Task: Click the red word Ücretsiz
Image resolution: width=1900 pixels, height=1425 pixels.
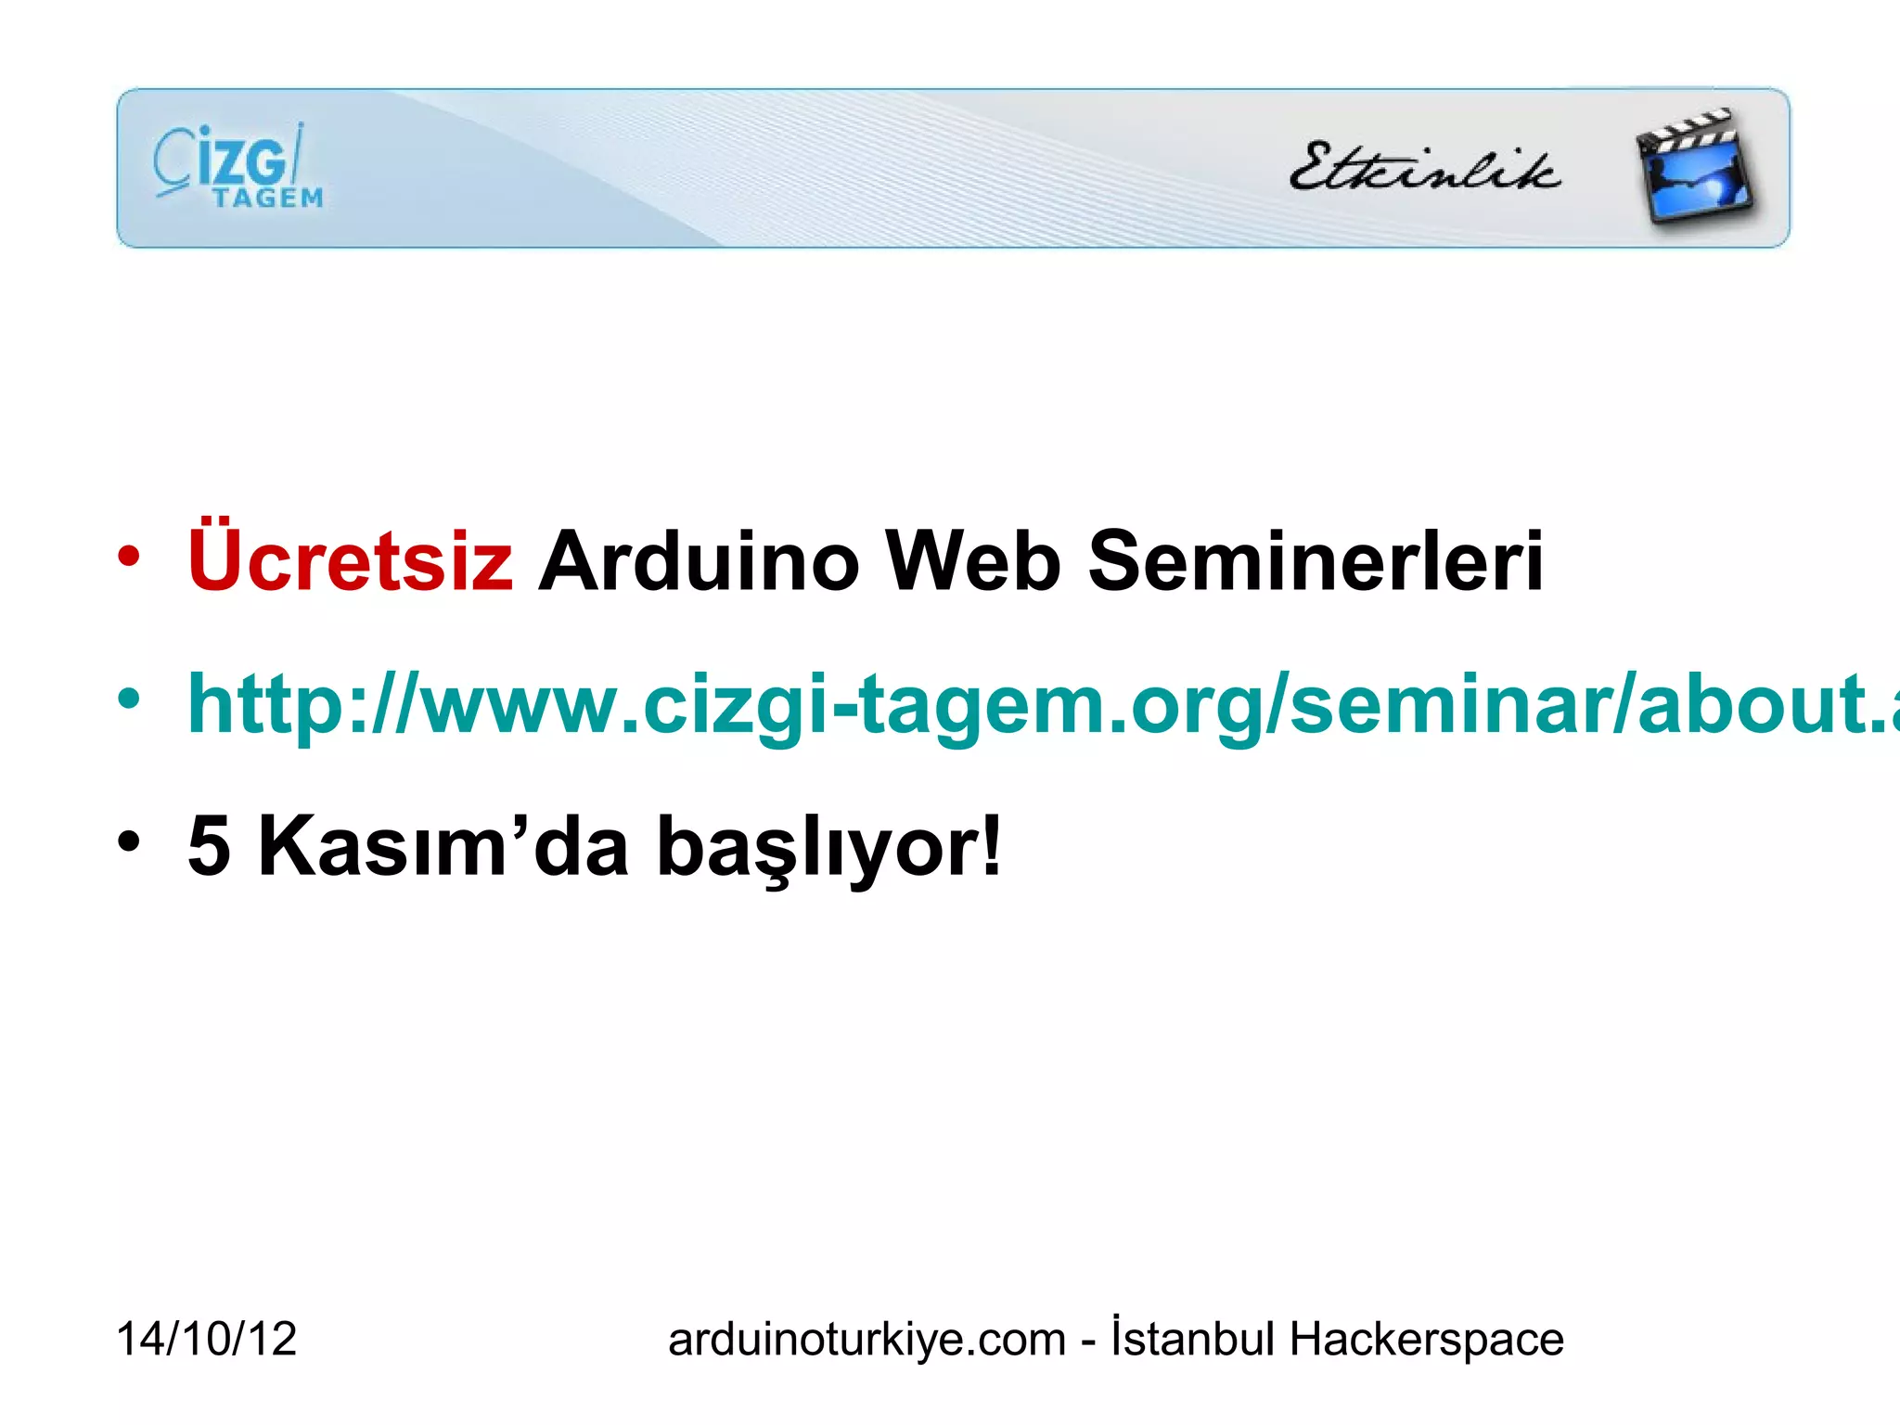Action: point(350,559)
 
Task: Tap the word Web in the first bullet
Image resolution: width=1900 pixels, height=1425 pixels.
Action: point(973,561)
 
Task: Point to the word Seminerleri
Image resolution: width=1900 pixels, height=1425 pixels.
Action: point(1316,561)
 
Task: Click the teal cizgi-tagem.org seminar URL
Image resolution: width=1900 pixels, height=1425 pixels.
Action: point(1039,705)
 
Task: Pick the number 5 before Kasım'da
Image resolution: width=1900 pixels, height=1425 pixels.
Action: point(209,846)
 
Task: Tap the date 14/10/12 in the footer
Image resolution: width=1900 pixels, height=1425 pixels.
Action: point(206,1339)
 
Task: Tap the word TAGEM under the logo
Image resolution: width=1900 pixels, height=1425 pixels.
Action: point(267,199)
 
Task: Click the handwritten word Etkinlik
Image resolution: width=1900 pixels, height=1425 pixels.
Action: point(1424,168)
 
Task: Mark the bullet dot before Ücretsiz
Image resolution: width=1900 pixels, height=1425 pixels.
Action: point(129,558)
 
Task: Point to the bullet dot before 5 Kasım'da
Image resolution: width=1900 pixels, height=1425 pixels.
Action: point(129,841)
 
